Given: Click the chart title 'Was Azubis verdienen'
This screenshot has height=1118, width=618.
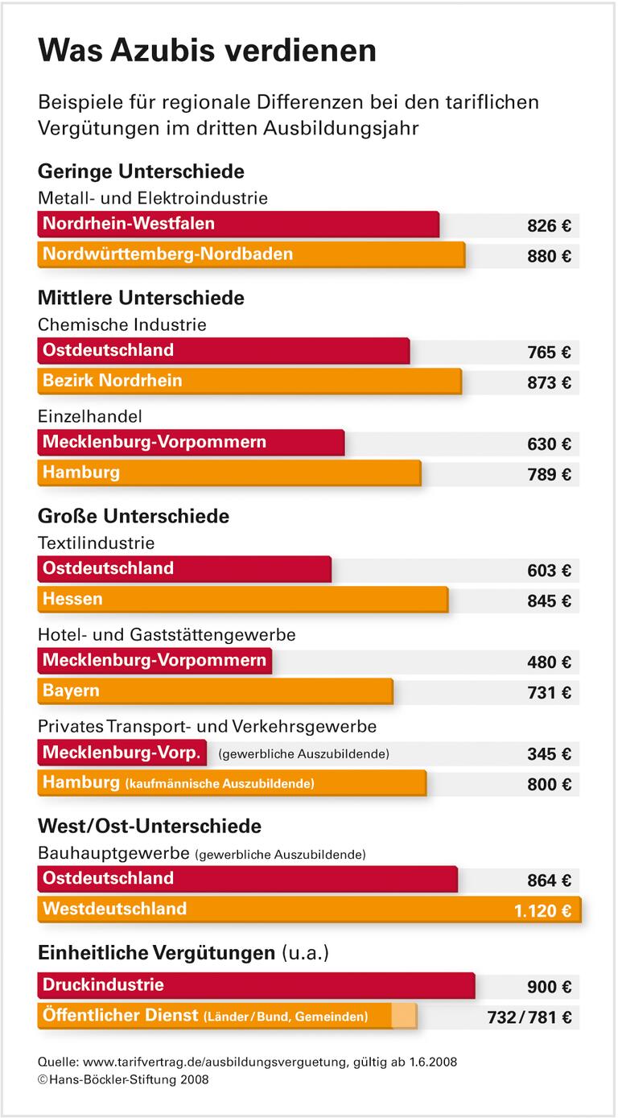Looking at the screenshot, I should [207, 51].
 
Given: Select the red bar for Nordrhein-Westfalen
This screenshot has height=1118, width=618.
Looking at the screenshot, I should [238, 224].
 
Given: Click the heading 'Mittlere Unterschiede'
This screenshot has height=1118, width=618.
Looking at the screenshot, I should [141, 298].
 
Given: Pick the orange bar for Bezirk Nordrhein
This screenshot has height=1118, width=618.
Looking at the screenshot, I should [249, 381].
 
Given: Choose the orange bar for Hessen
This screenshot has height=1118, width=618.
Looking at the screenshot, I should [242, 600].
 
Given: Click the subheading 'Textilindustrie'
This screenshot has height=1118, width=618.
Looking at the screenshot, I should [96, 543].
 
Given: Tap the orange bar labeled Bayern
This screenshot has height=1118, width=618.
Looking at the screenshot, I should [215, 691].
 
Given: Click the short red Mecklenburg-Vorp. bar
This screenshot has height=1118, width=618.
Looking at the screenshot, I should [122, 753].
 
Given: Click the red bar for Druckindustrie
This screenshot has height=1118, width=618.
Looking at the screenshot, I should [256, 985].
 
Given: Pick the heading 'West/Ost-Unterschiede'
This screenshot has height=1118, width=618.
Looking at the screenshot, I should [150, 826].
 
